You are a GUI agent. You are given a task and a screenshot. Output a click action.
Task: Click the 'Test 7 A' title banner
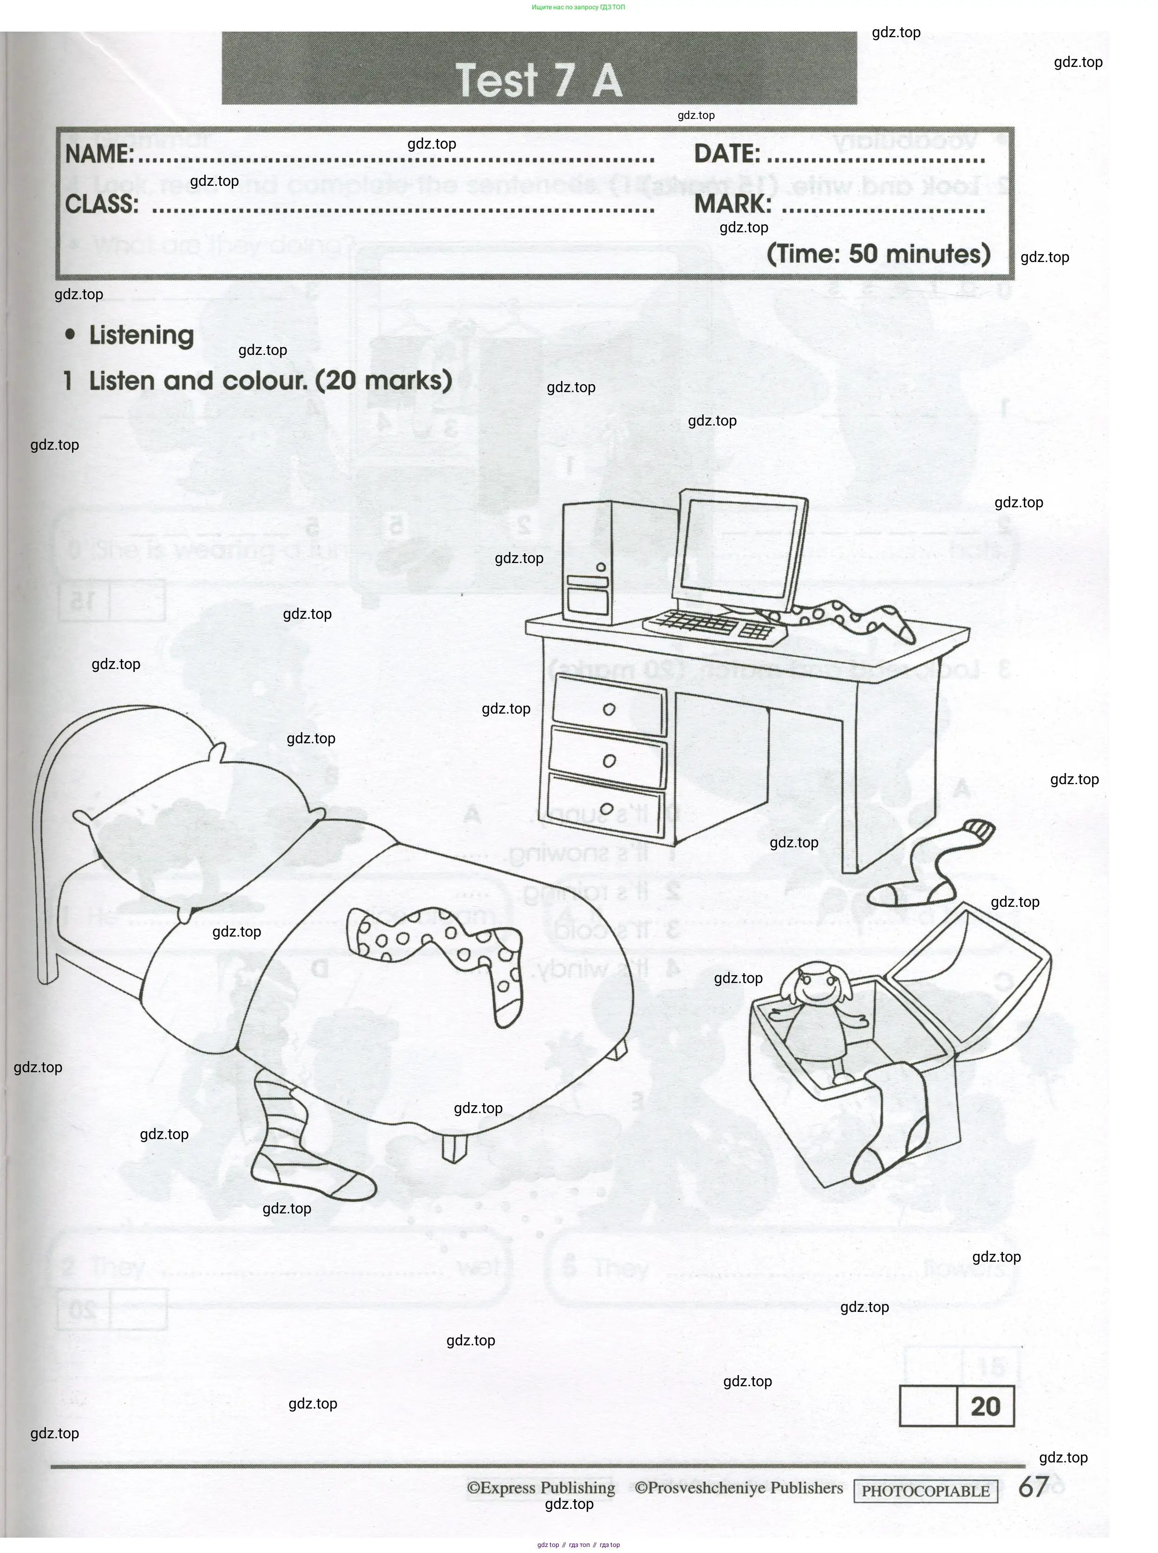[539, 79]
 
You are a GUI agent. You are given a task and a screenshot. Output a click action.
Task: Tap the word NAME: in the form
[99, 154]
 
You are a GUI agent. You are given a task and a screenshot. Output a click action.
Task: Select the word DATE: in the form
[726, 154]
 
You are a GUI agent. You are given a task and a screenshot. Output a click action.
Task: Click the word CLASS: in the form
[102, 205]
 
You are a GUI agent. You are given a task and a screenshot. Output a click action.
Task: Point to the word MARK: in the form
[733, 205]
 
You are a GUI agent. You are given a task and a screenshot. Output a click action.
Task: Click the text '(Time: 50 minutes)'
[878, 254]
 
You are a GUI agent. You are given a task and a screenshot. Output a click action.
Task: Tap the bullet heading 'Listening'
[141, 335]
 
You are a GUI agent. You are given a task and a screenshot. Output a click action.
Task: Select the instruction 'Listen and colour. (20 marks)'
[270, 381]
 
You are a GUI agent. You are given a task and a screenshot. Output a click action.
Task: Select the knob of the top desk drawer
[608, 709]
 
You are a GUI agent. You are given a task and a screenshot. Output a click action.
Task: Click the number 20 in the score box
[985, 1406]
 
